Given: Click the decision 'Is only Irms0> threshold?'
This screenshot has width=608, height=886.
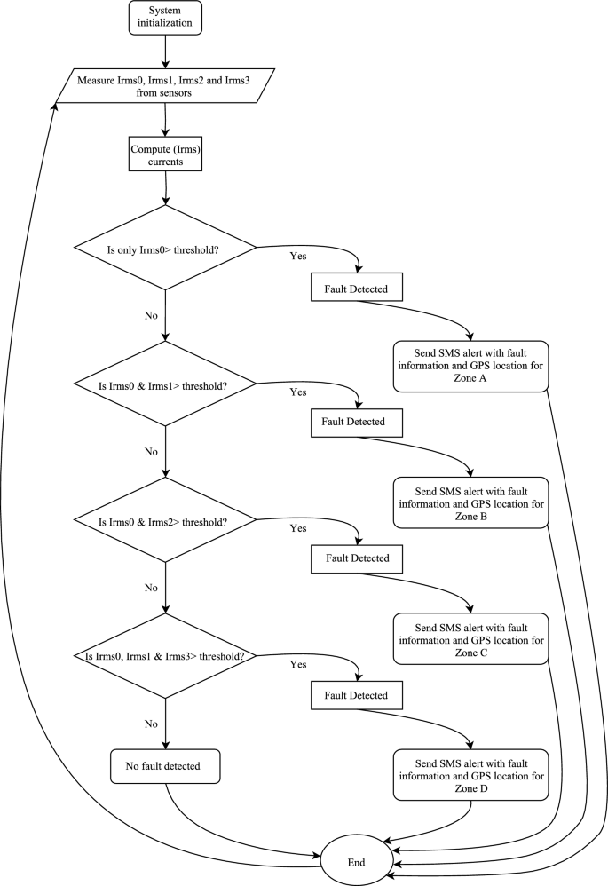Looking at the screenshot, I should point(166,248).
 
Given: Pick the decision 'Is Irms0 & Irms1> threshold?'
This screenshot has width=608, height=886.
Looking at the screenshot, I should point(166,384).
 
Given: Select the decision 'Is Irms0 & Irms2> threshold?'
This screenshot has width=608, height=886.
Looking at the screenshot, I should point(166,520).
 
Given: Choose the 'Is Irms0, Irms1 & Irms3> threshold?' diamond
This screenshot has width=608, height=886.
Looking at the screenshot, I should point(166,657).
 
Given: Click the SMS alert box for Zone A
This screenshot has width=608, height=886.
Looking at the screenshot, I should point(470,364).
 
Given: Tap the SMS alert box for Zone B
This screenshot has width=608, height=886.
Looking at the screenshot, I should point(470,502).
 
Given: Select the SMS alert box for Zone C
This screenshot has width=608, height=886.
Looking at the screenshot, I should point(470,638).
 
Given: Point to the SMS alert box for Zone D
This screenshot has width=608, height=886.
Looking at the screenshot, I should point(470,774).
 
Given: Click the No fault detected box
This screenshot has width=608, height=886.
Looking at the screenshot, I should point(166,765).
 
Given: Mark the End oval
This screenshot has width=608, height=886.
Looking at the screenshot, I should point(356,862).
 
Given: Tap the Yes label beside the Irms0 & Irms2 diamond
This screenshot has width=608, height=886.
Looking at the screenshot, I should point(298,528).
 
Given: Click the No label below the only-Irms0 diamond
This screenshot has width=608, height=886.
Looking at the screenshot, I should point(151,315).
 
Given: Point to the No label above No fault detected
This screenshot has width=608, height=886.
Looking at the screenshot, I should point(151,724).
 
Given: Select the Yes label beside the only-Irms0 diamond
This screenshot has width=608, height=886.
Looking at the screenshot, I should point(298,256).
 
